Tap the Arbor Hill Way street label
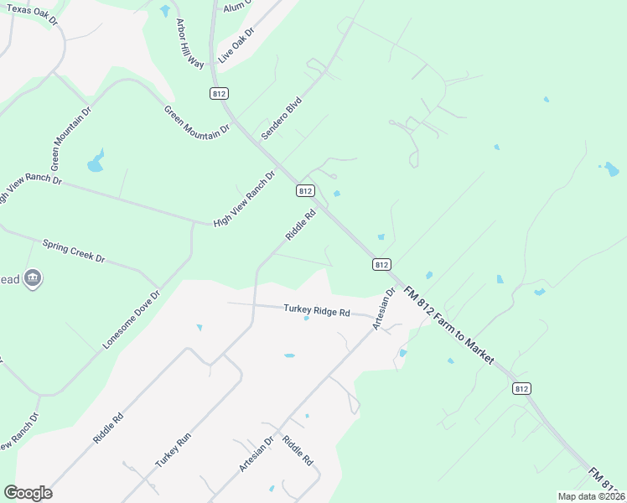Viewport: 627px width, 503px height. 189,44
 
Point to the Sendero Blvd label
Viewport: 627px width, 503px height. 281,117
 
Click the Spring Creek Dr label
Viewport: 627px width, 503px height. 75,250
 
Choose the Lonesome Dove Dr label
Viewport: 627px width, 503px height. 131,320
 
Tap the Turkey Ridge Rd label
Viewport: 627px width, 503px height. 316,310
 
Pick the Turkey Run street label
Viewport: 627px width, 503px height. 174,450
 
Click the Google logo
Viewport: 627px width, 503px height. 28,493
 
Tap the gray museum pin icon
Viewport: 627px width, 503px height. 33,278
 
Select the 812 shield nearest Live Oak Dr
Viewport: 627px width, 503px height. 220,93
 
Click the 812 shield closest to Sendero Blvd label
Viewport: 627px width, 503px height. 305,191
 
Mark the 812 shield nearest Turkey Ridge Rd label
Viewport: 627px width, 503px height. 381,264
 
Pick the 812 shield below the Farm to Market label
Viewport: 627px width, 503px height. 521,388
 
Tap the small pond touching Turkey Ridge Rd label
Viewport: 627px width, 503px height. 306,318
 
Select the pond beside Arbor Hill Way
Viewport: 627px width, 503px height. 164,11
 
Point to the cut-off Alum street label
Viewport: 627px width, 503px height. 232,7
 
